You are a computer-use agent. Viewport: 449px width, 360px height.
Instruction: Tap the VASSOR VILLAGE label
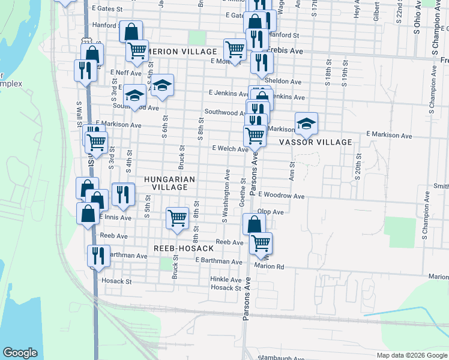click(x=316, y=142)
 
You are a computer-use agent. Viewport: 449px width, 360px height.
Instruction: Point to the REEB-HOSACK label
click(x=184, y=248)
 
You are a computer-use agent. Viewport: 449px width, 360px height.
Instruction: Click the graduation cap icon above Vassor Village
click(x=306, y=124)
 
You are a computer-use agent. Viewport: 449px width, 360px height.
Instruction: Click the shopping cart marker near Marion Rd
click(x=261, y=243)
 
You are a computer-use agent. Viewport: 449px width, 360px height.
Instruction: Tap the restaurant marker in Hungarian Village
click(x=123, y=193)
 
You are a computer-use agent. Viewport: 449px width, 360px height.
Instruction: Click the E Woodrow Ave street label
click(x=283, y=196)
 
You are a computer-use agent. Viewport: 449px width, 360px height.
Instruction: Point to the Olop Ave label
click(x=270, y=212)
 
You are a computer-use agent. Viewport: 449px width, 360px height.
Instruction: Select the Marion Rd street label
click(x=268, y=266)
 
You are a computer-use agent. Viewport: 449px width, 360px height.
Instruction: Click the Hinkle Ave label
click(x=226, y=280)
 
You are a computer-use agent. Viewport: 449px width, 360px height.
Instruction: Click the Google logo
click(x=20, y=353)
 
